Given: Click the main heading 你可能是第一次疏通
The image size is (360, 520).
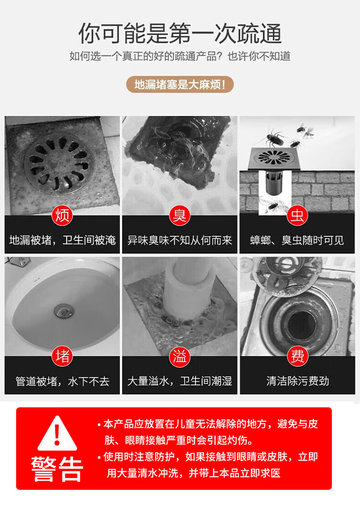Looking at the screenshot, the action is [180, 34].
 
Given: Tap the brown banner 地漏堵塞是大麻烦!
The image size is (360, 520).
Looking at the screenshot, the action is [180, 85].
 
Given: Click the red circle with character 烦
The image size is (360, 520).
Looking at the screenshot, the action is [62, 215].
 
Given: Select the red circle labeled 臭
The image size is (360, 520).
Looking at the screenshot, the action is [180, 215].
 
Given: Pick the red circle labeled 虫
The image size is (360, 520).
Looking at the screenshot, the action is [297, 215].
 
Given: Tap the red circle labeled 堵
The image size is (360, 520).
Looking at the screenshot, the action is [62, 356].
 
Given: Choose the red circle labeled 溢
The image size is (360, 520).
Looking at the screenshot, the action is [180, 356].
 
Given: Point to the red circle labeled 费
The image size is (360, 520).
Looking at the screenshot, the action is [297, 356].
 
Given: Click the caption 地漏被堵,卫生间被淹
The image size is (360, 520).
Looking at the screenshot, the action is [62, 240].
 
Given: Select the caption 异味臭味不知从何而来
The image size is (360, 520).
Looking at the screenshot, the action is [180, 240].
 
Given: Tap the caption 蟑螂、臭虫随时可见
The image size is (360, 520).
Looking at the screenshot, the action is [297, 240].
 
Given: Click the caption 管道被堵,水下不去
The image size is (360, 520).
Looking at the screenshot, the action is [62, 381].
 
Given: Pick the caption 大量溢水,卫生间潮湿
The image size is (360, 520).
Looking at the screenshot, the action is [180, 381].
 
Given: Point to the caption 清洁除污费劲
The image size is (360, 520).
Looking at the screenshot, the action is [297, 381].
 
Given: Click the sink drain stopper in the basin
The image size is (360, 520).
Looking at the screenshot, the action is [63, 310].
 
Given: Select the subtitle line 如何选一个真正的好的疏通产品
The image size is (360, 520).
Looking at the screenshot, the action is [145, 56].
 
